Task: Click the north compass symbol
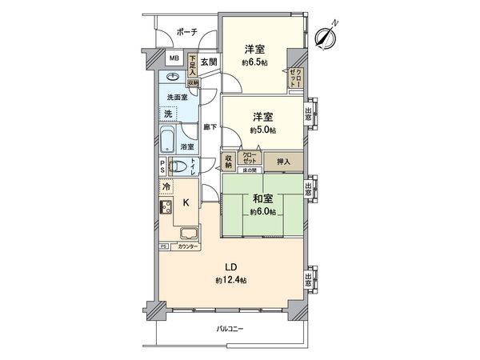[x=325, y=35]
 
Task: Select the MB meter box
[x=173, y=59]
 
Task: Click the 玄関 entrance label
[x=208, y=61]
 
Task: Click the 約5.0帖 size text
[x=262, y=130]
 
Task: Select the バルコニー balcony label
[x=230, y=328]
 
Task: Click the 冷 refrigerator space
[x=166, y=187]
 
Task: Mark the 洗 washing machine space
[x=168, y=114]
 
